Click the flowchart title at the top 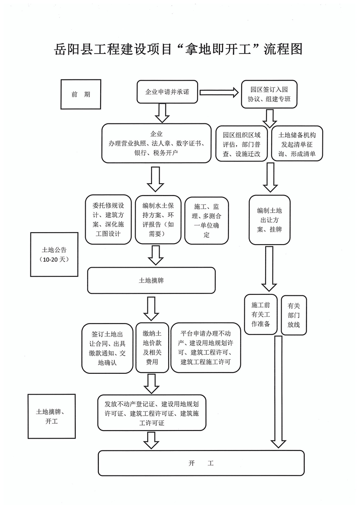click(178, 49)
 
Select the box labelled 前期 click(80, 94)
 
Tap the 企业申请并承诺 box click(167, 92)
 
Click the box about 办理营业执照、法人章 click(156, 143)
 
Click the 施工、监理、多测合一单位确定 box click(207, 219)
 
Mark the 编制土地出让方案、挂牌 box click(269, 220)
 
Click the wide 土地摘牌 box click(151, 280)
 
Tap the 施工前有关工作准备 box click(261, 314)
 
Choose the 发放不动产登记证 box click(151, 412)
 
